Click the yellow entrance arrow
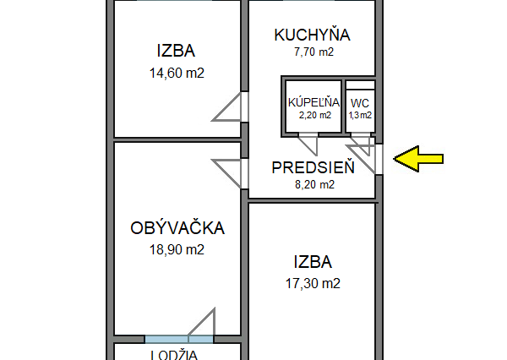[419, 158]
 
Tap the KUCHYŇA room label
[313, 35]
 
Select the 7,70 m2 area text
[313, 52]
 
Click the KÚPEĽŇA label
[313, 101]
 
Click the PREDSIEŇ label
[313, 167]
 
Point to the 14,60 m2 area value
[177, 73]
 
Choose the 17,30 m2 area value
[313, 283]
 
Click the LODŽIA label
[174, 353]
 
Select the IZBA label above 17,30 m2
[313, 261]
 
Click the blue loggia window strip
[167, 339]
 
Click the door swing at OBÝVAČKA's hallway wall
[229, 173]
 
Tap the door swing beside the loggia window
[204, 325]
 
